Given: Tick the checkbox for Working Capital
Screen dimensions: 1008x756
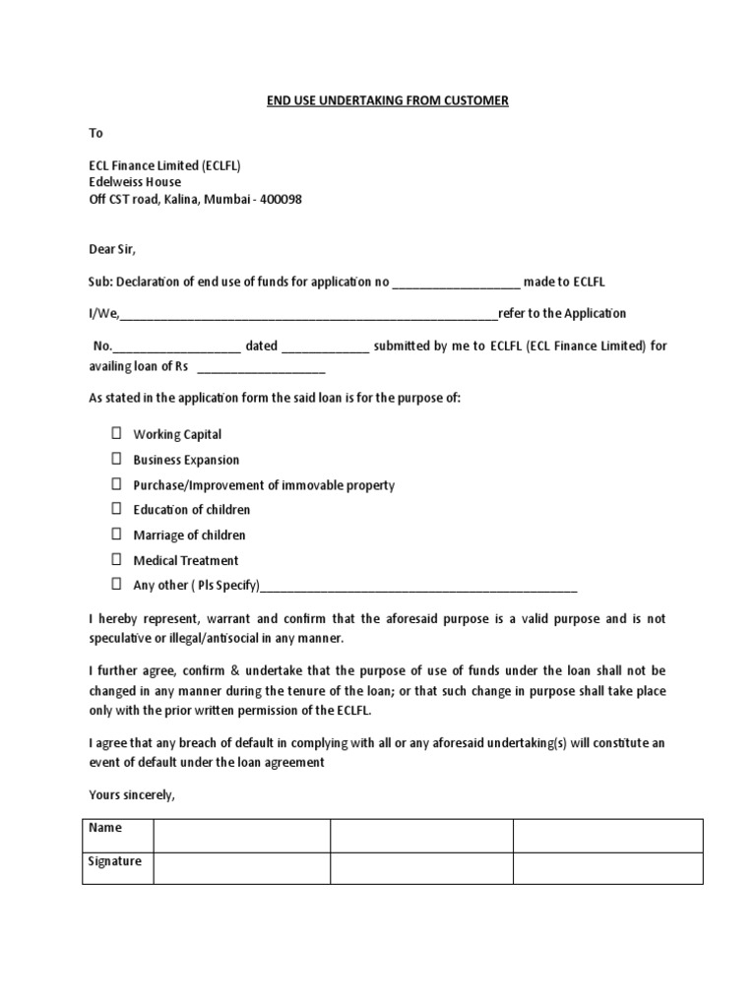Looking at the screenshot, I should [115, 433].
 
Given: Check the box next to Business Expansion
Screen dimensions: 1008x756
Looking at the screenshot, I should [115, 459].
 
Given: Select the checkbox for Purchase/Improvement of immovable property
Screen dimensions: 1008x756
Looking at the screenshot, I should [115, 484].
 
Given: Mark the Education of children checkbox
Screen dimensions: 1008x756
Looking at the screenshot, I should [115, 509].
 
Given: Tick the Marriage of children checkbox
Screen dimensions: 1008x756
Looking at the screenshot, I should [115, 535].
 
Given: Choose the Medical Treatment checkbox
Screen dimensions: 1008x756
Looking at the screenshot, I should [115, 560].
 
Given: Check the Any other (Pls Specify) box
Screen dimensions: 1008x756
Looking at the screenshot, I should [115, 585].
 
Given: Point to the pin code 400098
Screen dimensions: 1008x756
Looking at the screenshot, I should [281, 199].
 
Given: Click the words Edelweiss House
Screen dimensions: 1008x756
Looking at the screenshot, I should [136, 182].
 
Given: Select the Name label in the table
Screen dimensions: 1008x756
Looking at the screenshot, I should [105, 829].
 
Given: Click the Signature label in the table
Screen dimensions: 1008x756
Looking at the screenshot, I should [115, 861].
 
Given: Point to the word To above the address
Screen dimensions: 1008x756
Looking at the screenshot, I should [95, 133].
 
